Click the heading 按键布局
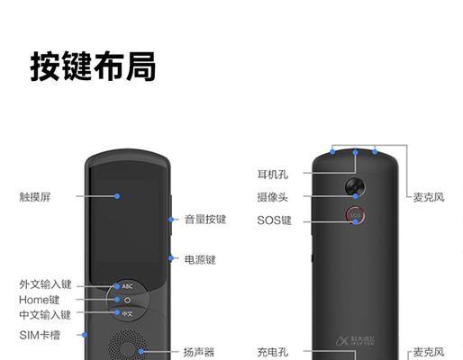[93, 67]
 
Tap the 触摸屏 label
[35, 197]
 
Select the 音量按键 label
[205, 220]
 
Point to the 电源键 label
[200, 259]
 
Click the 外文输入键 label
[45, 284]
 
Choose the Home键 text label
[39, 300]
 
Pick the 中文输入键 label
[45, 315]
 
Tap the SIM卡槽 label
[40, 335]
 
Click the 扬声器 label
[199, 352]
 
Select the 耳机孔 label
[273, 175]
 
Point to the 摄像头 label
[273, 197]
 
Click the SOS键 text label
[274, 220]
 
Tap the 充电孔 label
[273, 352]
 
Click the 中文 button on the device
[127, 314]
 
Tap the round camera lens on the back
[355, 187]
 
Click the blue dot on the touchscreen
[117, 196]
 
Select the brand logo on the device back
[355, 341]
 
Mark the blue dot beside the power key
[171, 258]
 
